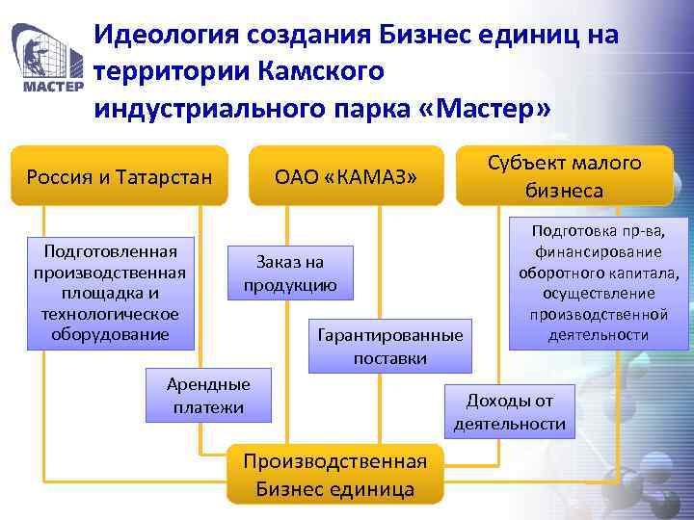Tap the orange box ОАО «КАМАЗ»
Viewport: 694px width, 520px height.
(x=346, y=175)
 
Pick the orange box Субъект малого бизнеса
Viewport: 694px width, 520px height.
(x=564, y=175)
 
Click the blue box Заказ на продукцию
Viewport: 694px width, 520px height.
(x=290, y=273)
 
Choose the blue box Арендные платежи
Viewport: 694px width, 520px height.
(x=208, y=396)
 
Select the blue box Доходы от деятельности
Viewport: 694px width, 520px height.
(x=510, y=412)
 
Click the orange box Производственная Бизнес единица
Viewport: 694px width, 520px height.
(x=334, y=474)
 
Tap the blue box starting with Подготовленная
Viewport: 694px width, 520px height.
(x=111, y=293)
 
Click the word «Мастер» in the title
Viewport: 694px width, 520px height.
(x=487, y=108)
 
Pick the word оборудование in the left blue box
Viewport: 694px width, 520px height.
(x=111, y=334)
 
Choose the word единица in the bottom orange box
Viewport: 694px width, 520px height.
(x=371, y=488)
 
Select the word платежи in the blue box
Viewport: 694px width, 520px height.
(x=208, y=407)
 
